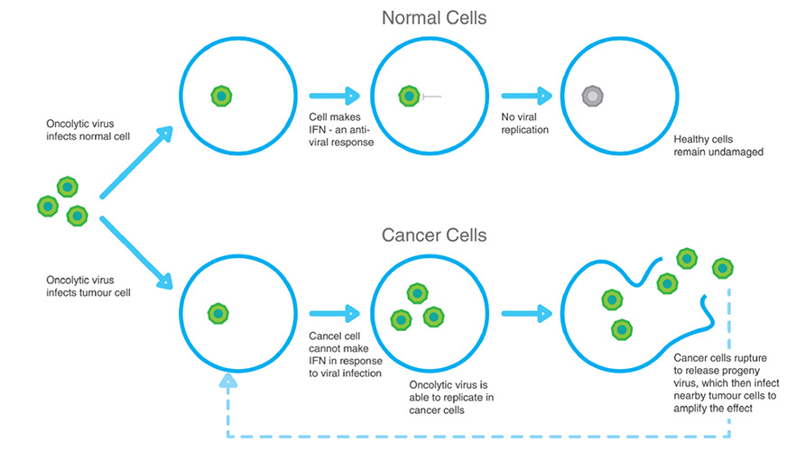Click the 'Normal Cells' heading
pyautogui.click(x=434, y=18)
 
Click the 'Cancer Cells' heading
pyautogui.click(x=434, y=235)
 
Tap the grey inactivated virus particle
pyautogui.click(x=592, y=96)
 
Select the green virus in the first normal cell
pyautogui.click(x=221, y=96)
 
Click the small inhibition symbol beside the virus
pyautogui.click(x=432, y=97)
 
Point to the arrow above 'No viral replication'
pyautogui.click(x=527, y=96)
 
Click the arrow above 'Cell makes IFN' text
pyautogui.click(x=335, y=96)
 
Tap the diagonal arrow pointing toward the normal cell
pyautogui.click(x=136, y=162)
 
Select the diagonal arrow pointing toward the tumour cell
pyautogui.click(x=136, y=253)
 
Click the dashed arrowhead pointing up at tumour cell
pyautogui.click(x=228, y=381)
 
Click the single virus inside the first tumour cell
pyautogui.click(x=218, y=314)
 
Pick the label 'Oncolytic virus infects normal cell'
pyautogui.click(x=88, y=130)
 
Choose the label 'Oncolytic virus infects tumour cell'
pyautogui.click(x=88, y=287)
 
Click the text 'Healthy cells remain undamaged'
pyautogui.click(x=718, y=145)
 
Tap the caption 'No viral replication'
pyautogui.click(x=525, y=124)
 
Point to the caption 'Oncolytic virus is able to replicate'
pyautogui.click(x=451, y=391)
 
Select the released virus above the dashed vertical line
pyautogui.click(x=723, y=269)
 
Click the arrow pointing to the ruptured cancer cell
pyautogui.click(x=527, y=314)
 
